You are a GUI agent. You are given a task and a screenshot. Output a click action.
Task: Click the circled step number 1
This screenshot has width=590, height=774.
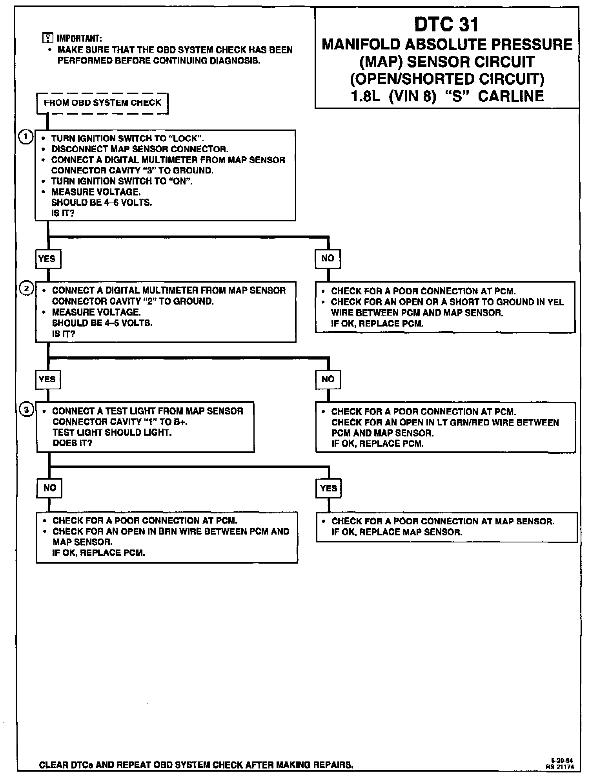tap(26, 137)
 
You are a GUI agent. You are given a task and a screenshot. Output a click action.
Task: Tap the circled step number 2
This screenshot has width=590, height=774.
tap(26, 289)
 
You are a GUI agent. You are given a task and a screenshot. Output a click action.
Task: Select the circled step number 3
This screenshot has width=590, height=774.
tap(27, 410)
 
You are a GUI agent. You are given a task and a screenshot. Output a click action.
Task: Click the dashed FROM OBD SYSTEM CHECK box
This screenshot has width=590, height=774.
tap(102, 103)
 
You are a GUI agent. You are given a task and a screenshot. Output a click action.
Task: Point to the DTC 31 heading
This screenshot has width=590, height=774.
tap(446, 25)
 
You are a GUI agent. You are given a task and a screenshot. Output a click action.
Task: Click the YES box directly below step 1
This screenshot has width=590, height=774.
tap(47, 259)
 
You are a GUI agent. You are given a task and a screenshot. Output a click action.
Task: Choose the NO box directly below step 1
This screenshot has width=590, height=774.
tap(328, 258)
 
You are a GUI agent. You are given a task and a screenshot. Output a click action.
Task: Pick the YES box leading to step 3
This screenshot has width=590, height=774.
tap(47, 379)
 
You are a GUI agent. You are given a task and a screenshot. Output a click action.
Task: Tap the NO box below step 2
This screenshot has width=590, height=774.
tap(328, 379)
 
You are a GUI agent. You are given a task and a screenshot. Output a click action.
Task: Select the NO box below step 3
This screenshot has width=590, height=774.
tap(49, 488)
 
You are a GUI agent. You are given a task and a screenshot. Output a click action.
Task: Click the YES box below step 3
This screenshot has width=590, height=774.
tap(328, 488)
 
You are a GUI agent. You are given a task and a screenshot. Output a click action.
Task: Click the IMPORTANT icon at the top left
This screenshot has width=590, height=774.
tap(47, 38)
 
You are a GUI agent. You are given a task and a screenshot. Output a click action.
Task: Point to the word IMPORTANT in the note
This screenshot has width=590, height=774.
tap(79, 38)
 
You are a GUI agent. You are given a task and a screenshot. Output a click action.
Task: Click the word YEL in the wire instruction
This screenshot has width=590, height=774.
tap(556, 302)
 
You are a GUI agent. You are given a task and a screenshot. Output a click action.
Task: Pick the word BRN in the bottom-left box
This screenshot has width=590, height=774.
tap(168, 531)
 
